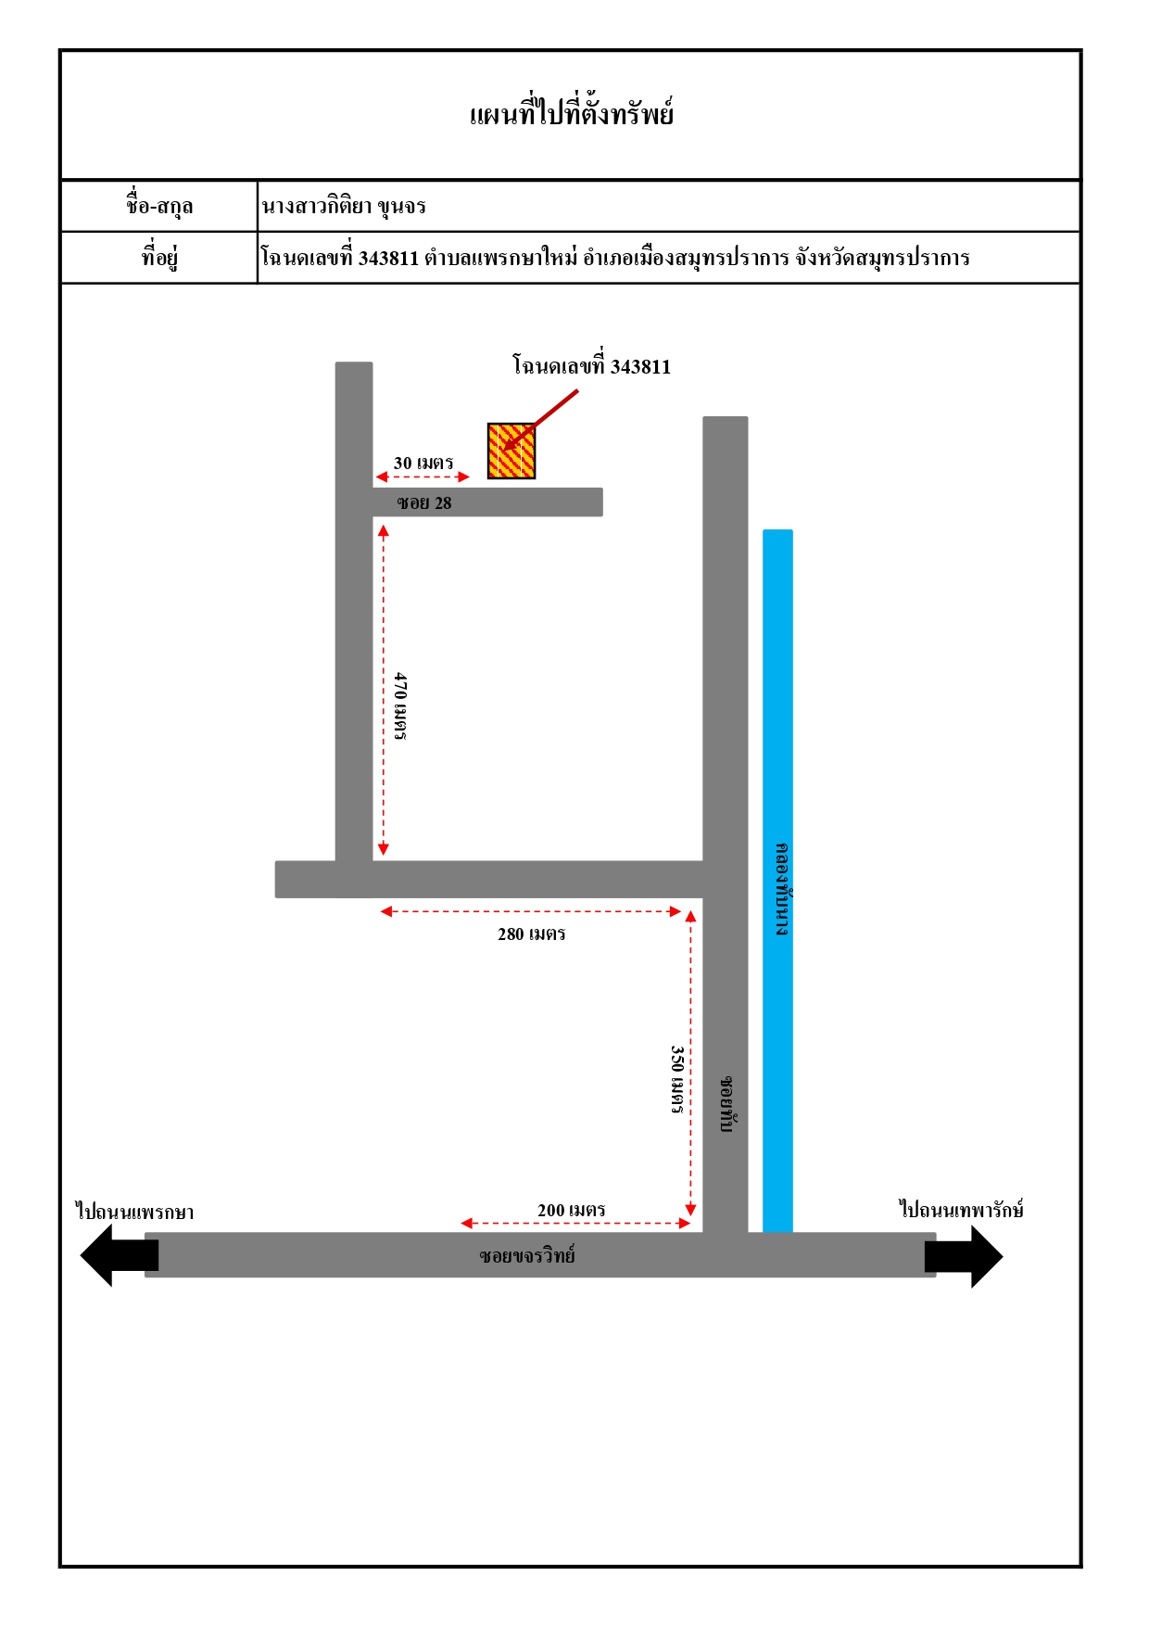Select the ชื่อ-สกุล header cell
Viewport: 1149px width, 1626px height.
159,206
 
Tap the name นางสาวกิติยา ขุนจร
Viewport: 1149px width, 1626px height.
344,206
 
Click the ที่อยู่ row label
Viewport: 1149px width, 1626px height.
159,257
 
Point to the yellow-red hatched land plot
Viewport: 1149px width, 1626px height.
511,451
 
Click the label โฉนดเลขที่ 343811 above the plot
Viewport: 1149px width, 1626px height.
591,365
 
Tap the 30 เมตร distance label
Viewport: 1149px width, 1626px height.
423,463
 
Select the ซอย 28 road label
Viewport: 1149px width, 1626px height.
424,502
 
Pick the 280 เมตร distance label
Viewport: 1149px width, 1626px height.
531,934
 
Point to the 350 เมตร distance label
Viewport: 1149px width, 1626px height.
677,1079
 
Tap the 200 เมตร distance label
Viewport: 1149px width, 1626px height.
571,1210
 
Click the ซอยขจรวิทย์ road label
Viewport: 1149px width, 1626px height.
527,1256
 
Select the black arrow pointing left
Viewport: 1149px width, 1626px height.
120,1255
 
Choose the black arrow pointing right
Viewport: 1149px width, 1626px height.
964,1256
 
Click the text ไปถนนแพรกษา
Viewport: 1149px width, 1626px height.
135,1212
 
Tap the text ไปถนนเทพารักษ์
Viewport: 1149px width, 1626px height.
962,1209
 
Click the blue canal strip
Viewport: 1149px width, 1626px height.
777,881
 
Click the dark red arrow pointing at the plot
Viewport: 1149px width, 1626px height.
540,420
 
